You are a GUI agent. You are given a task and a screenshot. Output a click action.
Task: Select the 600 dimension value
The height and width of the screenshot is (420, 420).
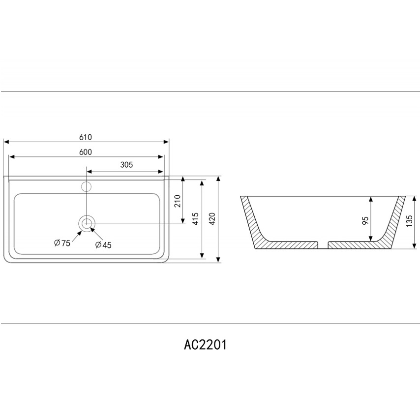coord(86,152)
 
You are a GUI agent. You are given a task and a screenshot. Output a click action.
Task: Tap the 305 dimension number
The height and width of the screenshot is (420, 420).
coord(126,165)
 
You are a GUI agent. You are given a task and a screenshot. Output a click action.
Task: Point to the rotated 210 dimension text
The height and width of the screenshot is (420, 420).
coord(178,201)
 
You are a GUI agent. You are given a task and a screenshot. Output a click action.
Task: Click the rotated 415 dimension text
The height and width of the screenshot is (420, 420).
coord(195,218)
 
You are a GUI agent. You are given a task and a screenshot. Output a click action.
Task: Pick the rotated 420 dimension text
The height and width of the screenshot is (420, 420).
coord(212,218)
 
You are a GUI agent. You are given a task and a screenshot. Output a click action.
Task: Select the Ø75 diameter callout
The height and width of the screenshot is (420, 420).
coord(62,242)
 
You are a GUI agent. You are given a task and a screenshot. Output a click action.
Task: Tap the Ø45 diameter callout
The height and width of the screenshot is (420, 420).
coord(103,244)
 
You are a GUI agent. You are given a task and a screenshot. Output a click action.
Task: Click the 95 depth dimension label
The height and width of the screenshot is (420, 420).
coord(365,219)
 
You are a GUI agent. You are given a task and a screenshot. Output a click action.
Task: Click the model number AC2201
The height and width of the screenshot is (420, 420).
coord(205,345)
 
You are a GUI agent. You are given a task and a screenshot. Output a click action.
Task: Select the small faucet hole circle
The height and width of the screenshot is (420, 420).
coord(86,186)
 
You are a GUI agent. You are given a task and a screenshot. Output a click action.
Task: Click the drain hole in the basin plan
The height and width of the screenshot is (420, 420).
coord(86,223)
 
